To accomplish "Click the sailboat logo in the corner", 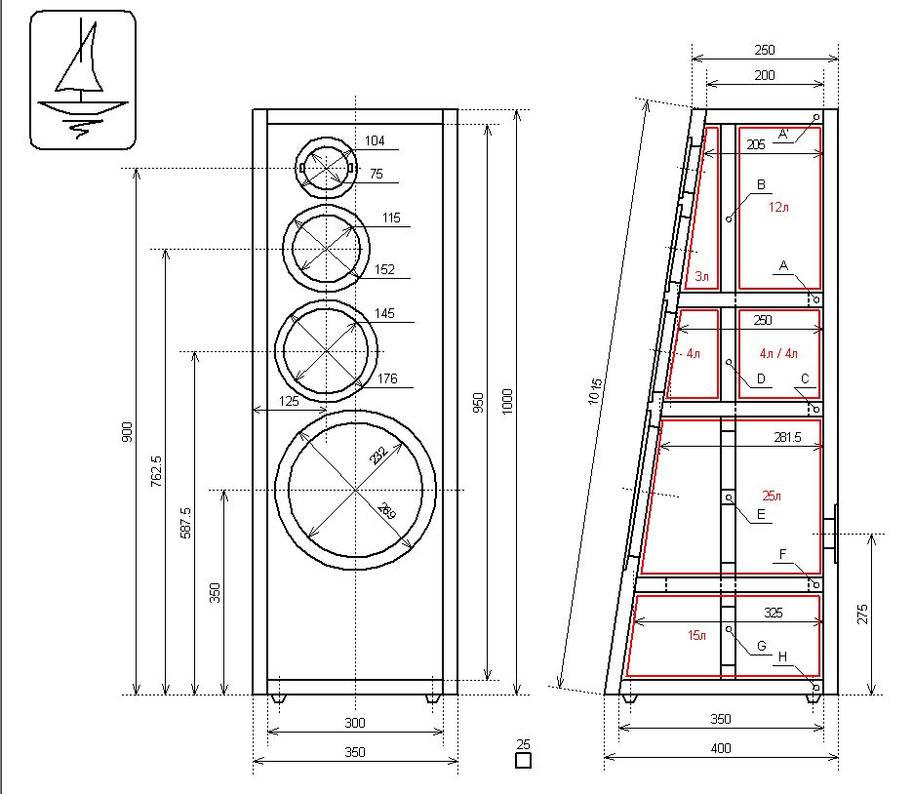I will coord(81,80).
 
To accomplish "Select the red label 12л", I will coord(776,207).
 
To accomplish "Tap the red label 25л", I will coord(772,496).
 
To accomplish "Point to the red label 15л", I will coord(696,635).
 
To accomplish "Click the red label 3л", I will coord(701,278).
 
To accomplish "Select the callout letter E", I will coord(761,514).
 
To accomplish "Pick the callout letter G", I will coord(762,646).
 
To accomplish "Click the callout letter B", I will coord(761,184).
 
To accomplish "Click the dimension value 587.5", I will coord(185,524).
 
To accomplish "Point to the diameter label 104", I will coord(375,141).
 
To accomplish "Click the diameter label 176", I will coord(387,380).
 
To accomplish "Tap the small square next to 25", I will coord(523,761).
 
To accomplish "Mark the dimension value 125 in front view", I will coord(289,401).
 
